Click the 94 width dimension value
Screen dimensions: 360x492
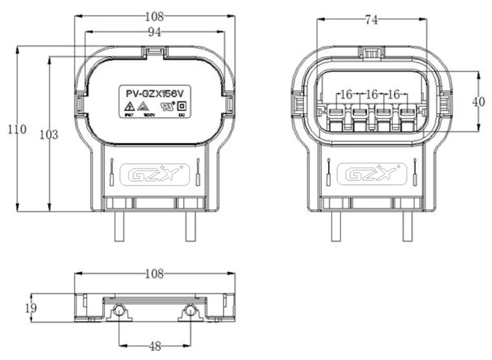[x=155, y=31]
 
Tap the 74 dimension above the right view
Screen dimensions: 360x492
[x=371, y=20]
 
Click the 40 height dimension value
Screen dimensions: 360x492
[x=480, y=102]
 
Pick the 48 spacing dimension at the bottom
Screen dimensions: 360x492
[x=155, y=346]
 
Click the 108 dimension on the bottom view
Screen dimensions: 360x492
[x=155, y=272]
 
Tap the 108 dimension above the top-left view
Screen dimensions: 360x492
[x=155, y=14]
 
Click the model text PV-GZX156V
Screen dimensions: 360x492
[x=155, y=93]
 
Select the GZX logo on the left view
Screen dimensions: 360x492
[x=155, y=175]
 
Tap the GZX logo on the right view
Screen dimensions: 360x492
[x=371, y=175]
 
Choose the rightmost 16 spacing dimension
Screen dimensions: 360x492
[x=394, y=94]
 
